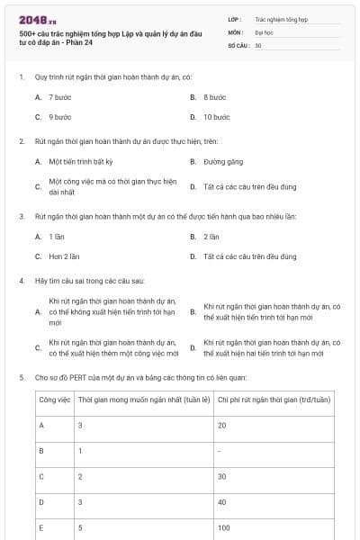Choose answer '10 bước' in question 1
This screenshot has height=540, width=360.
tap(217, 117)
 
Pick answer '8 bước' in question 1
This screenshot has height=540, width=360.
tap(214, 96)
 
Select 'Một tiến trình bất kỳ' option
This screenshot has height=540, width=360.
tap(81, 162)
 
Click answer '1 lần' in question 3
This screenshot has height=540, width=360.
tap(58, 236)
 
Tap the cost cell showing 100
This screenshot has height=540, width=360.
tap(224, 527)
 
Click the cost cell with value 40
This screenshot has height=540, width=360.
tap(222, 501)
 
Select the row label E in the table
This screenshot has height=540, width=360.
tap(41, 527)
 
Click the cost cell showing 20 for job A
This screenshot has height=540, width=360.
tap(222, 423)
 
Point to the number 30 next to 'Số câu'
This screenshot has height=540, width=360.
tap(259, 44)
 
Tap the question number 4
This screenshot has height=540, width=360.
tap(21, 282)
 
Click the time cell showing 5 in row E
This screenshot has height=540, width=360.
tap(81, 527)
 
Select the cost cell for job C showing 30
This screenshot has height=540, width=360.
tap(222, 475)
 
